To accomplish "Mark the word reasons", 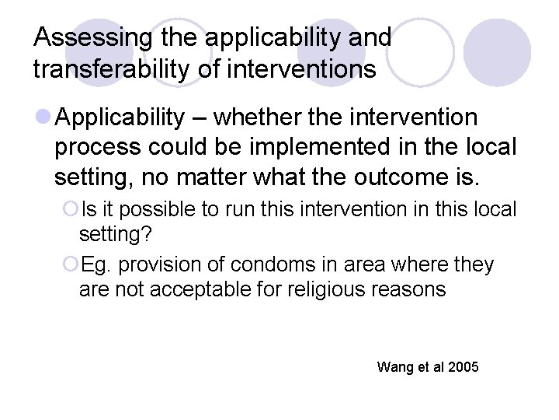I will pos(412,291).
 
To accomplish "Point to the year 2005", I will pos(464,366).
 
